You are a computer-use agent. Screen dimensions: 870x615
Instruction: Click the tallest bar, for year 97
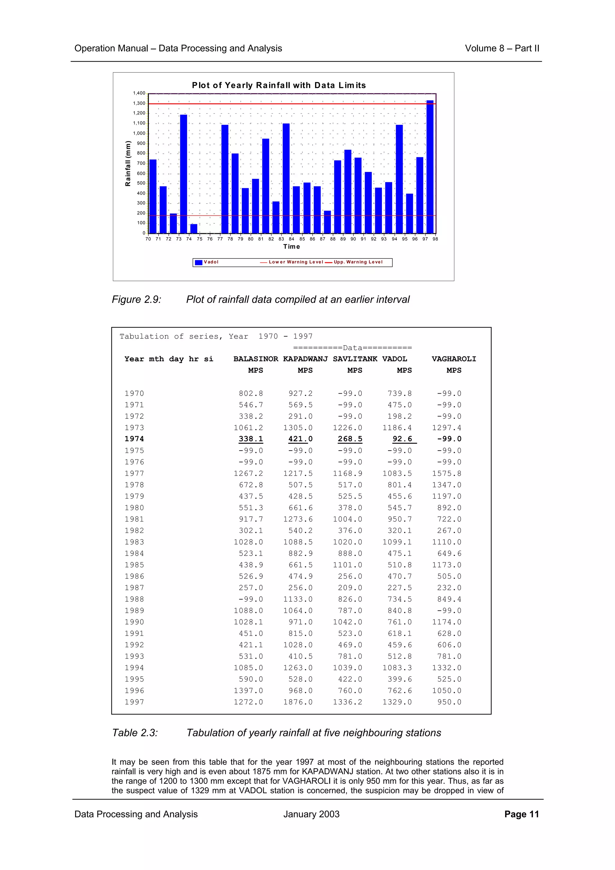(x=430, y=167)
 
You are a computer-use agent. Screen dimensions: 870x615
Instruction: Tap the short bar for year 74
(x=194, y=228)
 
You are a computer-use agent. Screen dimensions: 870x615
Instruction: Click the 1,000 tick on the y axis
(x=139, y=133)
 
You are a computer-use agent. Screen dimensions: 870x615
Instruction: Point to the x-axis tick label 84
(x=291, y=239)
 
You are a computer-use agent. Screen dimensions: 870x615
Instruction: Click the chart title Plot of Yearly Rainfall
(x=279, y=85)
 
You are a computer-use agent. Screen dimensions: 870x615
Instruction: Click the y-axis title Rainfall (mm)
(x=128, y=164)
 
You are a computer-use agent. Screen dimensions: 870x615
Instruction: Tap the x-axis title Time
(x=291, y=247)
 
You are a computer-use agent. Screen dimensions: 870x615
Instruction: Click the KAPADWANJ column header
(x=305, y=359)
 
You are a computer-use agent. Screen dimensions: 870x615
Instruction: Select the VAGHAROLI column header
(x=453, y=359)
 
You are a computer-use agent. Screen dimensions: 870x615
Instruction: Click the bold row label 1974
(x=134, y=439)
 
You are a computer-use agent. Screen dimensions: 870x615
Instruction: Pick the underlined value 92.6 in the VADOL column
(x=402, y=439)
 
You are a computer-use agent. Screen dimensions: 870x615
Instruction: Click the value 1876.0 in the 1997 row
(x=298, y=702)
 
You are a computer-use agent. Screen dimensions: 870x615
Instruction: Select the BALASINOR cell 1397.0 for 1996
(x=248, y=690)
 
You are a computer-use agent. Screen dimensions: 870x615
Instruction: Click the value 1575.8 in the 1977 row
(x=447, y=473)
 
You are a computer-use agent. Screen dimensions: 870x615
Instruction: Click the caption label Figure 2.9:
(x=136, y=299)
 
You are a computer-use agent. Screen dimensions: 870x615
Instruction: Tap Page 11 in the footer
(x=521, y=814)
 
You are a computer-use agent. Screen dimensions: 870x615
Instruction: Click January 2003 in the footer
(x=311, y=814)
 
